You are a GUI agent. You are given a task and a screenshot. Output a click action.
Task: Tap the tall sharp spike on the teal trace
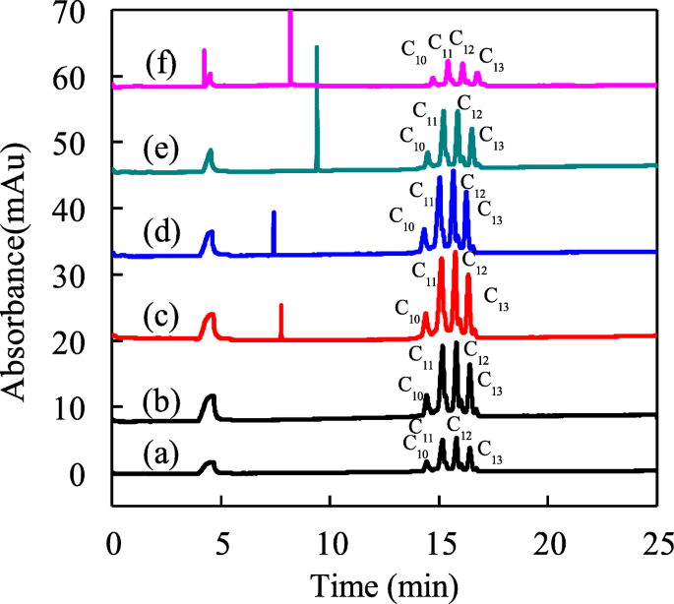316,98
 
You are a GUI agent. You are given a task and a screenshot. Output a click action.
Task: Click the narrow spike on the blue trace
274,231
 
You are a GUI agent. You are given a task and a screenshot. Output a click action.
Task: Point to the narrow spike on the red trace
281,320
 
